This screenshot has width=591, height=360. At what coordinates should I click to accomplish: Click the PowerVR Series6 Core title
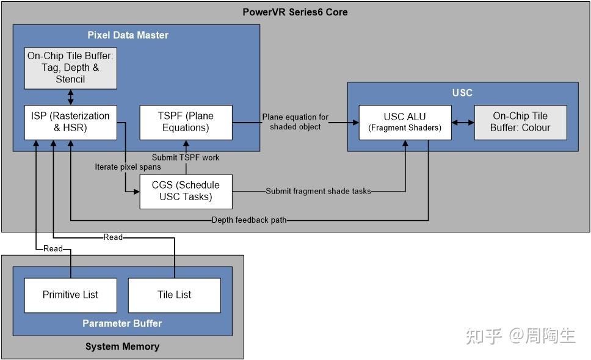pos(295,12)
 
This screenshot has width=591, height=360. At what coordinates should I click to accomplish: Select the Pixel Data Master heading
pos(128,35)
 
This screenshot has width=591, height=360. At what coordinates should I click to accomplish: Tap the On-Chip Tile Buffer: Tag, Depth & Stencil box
pos(70,67)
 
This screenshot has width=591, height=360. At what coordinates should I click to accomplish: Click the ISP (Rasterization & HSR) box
pos(70,122)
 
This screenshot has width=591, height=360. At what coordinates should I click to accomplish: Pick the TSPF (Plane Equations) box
pos(186,122)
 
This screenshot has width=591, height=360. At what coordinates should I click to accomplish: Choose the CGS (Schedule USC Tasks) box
pos(186,191)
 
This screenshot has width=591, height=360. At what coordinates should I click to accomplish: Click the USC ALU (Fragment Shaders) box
pos(405,122)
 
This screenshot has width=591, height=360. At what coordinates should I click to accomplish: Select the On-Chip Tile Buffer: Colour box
pos(520,122)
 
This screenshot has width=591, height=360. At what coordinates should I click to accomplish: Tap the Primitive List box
pos(70,295)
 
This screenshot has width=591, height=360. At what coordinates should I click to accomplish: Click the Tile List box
pos(174,295)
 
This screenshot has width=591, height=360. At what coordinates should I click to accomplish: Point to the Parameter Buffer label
pos(122,323)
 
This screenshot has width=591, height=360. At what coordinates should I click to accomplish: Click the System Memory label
pos(122,347)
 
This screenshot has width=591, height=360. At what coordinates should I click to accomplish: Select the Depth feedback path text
pos(249,220)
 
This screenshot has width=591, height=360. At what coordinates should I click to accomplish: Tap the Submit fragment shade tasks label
pos(318,191)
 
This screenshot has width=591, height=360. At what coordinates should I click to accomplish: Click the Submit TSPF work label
pos(186,157)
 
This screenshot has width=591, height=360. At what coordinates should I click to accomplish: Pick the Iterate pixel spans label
pos(128,167)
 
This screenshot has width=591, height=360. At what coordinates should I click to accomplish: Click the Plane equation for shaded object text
pos(295,122)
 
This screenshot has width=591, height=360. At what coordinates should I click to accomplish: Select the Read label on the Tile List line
pos(113,237)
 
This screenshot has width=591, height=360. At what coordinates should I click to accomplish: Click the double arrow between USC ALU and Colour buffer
pos(463,122)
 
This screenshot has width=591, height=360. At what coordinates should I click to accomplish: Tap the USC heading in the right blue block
pos(463,93)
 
